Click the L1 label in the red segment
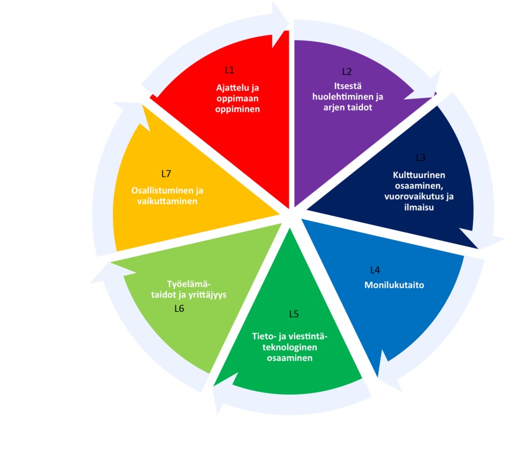[229, 70]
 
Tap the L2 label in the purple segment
[347, 72]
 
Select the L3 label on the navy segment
[420, 157]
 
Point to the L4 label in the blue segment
[375, 270]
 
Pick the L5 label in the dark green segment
[294, 313]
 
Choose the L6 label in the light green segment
[179, 308]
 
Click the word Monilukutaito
[394, 285]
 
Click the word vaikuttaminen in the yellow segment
[167, 200]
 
